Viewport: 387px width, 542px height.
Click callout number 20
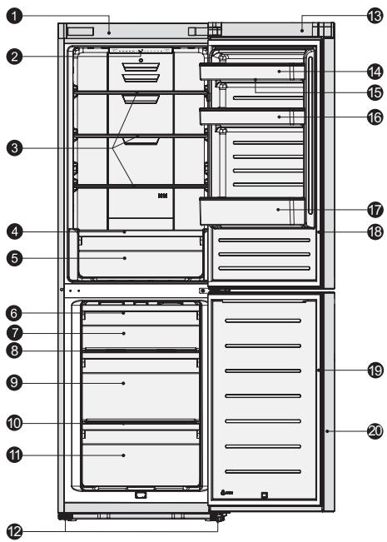[x=373, y=430]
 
